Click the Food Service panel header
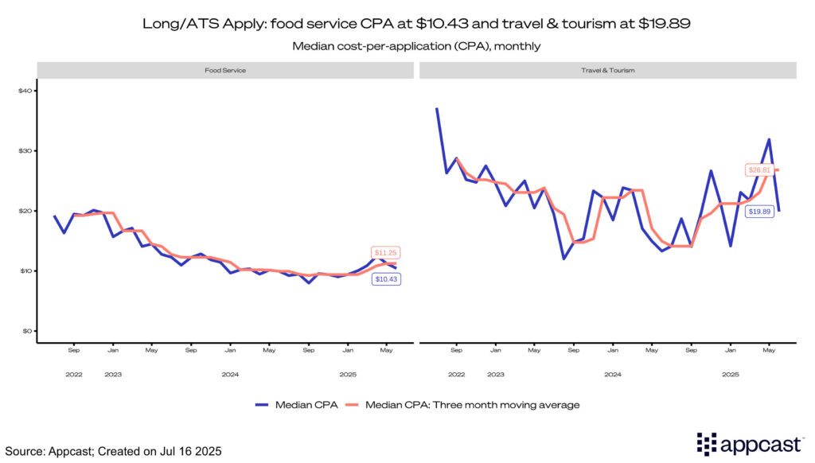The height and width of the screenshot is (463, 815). point(226,71)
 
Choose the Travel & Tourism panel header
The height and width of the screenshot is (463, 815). point(607,71)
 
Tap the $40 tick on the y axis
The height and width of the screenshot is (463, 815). point(25,91)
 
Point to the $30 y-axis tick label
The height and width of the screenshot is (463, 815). point(25,151)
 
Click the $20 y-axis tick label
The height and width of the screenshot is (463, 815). point(25,211)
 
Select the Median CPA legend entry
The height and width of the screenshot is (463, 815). point(295,405)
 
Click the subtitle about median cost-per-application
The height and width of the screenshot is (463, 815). point(416,46)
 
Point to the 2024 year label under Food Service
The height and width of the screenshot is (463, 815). point(230,374)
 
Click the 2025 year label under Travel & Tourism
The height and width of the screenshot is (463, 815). point(730,374)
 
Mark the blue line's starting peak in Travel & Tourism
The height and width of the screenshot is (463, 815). point(437,109)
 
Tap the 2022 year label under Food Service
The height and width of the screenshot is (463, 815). point(73,374)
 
